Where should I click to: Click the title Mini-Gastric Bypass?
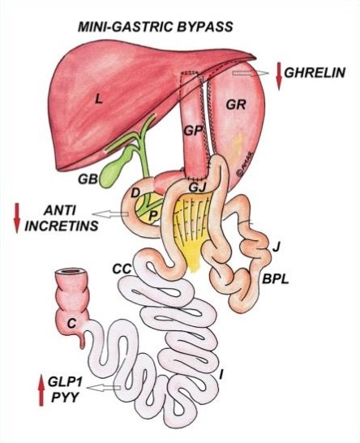point(156,27)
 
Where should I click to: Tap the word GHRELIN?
point(315,73)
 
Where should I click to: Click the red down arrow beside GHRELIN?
point(279,76)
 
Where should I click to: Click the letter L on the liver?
point(98,99)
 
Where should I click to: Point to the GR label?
point(236,105)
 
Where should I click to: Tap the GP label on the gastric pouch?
point(194,131)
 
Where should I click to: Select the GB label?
point(88,179)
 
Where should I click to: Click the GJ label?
point(196,187)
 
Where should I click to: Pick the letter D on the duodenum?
point(135,193)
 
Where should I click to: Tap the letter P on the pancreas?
point(152,216)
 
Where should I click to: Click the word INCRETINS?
point(62,226)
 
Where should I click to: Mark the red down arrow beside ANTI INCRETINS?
point(17,217)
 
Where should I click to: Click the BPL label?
point(276,279)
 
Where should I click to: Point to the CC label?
point(122,269)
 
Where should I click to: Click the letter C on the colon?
point(71,324)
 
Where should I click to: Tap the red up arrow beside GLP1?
point(41,390)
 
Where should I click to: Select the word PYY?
point(65,398)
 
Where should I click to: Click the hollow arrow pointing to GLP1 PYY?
point(104,388)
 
